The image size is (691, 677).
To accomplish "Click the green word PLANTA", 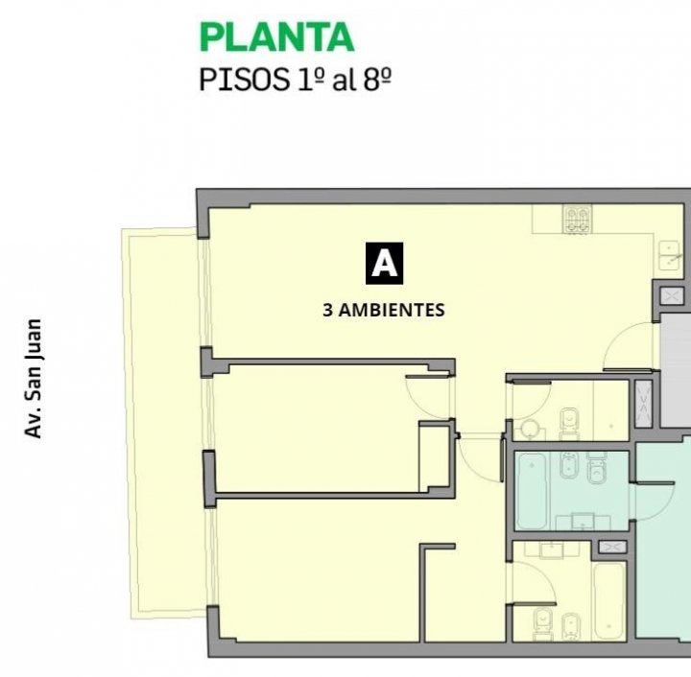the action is [x=276, y=37].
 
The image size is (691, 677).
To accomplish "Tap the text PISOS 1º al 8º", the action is [x=296, y=81].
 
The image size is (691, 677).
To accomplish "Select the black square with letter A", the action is [x=384, y=264].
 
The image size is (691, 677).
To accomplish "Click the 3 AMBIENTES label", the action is [x=384, y=310].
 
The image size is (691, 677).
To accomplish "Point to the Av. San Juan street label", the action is [x=34, y=379].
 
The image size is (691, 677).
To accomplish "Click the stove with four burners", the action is [x=578, y=219].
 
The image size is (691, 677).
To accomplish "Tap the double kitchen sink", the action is [x=670, y=255].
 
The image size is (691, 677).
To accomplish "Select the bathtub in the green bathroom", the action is [x=532, y=491].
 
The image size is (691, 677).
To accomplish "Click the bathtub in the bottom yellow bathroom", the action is [x=609, y=600].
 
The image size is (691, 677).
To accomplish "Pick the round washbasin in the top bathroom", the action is [x=529, y=429].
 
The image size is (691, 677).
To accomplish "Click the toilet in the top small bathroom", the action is [x=569, y=424].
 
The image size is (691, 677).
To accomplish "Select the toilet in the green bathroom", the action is [x=597, y=469].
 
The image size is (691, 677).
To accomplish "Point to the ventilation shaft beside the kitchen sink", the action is [x=672, y=295].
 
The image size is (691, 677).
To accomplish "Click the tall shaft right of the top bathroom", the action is [x=643, y=403].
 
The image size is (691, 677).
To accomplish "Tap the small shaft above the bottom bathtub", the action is [x=612, y=548].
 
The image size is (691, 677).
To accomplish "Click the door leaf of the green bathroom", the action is [x=655, y=483].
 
